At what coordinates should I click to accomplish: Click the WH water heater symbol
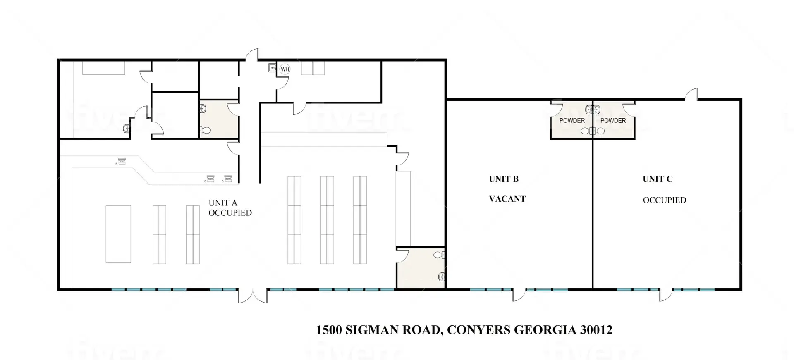pyautogui.click(x=285, y=69)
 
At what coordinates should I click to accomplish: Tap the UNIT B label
pyautogui.click(x=504, y=179)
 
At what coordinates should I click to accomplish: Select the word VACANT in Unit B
pyautogui.click(x=507, y=199)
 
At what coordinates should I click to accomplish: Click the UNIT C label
pyautogui.click(x=658, y=179)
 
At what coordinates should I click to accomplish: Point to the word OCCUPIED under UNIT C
pyautogui.click(x=665, y=200)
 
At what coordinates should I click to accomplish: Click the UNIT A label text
pyautogui.click(x=223, y=203)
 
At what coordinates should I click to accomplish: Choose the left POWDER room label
pyautogui.click(x=572, y=120)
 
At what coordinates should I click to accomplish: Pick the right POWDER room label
pyautogui.click(x=613, y=120)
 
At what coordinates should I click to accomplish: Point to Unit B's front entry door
pyautogui.click(x=519, y=295)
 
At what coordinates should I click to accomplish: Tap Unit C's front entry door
pyautogui.click(x=666, y=295)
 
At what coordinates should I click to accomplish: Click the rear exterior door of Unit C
pyautogui.click(x=691, y=94)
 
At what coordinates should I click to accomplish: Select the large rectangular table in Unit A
pyautogui.click(x=118, y=234)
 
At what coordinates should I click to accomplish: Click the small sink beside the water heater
pyautogui.click(x=272, y=67)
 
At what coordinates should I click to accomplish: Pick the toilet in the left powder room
pyautogui.click(x=586, y=131)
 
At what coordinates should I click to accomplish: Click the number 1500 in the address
pyautogui.click(x=329, y=330)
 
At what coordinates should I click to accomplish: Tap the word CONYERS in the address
pyautogui.click(x=479, y=330)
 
